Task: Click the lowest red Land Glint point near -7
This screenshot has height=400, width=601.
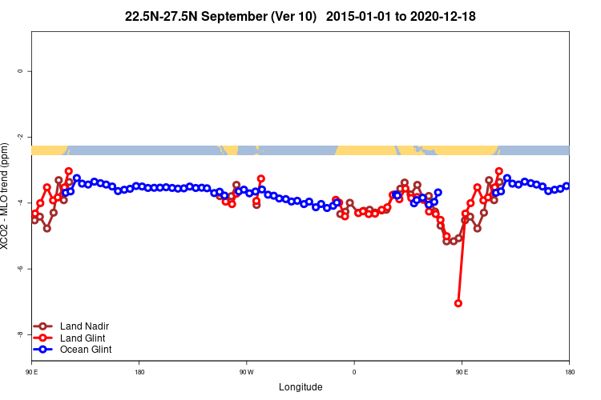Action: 458,303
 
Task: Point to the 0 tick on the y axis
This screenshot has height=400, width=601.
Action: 20,71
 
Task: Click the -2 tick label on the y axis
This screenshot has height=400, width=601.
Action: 20,137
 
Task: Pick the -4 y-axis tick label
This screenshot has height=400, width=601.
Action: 20,202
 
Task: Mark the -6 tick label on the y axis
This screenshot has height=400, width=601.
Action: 20,269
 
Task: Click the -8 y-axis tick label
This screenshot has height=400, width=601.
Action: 20,334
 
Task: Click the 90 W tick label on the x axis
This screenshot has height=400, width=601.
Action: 246,372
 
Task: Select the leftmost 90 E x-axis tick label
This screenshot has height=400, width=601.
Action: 31,372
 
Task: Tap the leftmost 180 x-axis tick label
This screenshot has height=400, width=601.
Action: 139,372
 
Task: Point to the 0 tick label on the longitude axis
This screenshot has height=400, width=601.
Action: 354,372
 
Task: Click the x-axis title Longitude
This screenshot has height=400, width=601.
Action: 300,387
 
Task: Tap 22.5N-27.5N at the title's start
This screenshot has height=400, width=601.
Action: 162,16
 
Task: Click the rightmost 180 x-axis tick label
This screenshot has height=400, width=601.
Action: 569,372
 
